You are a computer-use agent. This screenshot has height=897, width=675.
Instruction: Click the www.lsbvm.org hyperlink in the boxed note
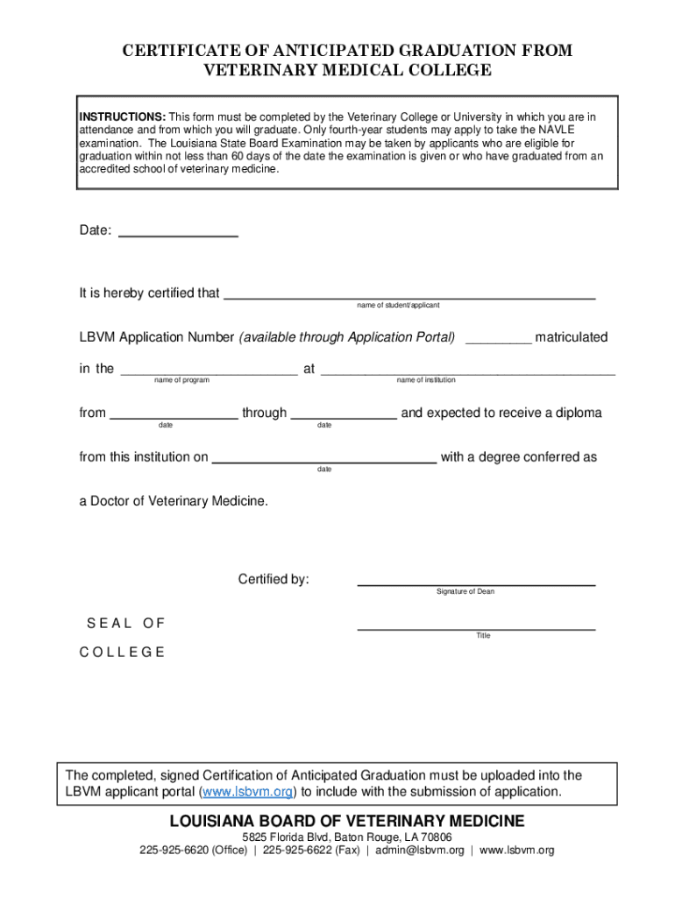click(248, 792)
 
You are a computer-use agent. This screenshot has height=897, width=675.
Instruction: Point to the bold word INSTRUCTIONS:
click(123, 117)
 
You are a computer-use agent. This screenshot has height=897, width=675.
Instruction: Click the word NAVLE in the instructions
click(574, 131)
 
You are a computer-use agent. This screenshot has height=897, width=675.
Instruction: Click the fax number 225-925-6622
click(296, 851)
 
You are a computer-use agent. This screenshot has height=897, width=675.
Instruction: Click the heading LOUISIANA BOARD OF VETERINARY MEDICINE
click(346, 821)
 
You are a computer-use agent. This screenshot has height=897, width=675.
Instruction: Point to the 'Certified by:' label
click(274, 579)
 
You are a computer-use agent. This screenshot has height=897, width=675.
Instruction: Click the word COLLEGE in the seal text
click(122, 653)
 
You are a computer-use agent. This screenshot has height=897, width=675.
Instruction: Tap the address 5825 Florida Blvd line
click(346, 837)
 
